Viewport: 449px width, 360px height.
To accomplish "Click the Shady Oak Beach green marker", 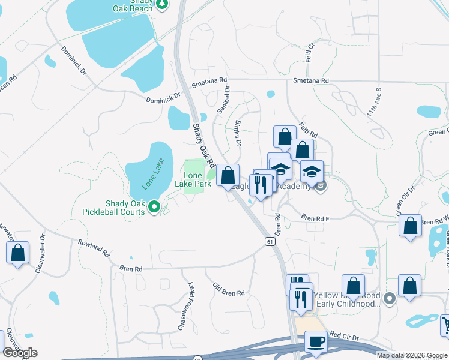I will tap(161, 5).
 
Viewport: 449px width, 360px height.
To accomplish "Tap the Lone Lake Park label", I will tap(197, 179).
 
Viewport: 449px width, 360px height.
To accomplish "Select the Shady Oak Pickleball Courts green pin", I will tap(154, 208).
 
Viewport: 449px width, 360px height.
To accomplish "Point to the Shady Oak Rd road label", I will tap(203, 145).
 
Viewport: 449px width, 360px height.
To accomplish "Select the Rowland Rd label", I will tap(94, 248).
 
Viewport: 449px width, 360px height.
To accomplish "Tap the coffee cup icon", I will tap(316, 342).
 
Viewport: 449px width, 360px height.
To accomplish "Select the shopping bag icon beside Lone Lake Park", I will tap(228, 176).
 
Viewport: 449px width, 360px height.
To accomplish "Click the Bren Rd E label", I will tap(315, 219).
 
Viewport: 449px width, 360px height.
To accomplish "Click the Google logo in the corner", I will tap(20, 353).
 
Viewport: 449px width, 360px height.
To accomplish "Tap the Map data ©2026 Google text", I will tap(412, 355).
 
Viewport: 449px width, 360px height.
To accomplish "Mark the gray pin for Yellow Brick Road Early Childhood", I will tap(390, 298).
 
